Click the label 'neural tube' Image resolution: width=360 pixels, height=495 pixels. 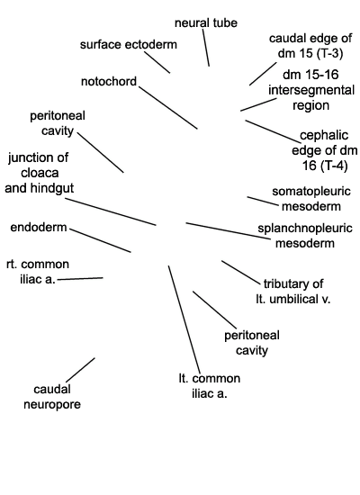tap(206, 23)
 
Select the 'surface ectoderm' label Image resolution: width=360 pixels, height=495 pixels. tap(129, 44)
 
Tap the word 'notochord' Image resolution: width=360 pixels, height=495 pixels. tap(109, 81)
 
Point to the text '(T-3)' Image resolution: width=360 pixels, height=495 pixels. tap(330, 53)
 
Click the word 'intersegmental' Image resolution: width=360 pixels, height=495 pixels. tap(311, 90)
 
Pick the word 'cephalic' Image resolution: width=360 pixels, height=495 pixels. tap(324, 135)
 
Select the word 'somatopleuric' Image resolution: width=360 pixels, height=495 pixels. tap(311, 192)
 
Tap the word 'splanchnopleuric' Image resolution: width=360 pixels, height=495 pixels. tap(305, 229)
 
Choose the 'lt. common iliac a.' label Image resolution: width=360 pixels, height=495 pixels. tap(210, 386)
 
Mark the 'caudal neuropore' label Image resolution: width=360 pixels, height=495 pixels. tap(52, 397)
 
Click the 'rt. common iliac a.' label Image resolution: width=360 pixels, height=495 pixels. tap(38, 272)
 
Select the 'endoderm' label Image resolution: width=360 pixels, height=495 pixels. tap(39, 228)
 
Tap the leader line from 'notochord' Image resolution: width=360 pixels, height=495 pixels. tap(168, 108)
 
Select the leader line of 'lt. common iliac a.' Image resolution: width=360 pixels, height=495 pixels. tap(184, 319)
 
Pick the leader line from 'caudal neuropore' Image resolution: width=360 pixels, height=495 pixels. tap(80, 370)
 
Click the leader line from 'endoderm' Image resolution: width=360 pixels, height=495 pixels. tap(100, 240)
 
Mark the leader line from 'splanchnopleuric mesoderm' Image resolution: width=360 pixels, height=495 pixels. tap(228, 230)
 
